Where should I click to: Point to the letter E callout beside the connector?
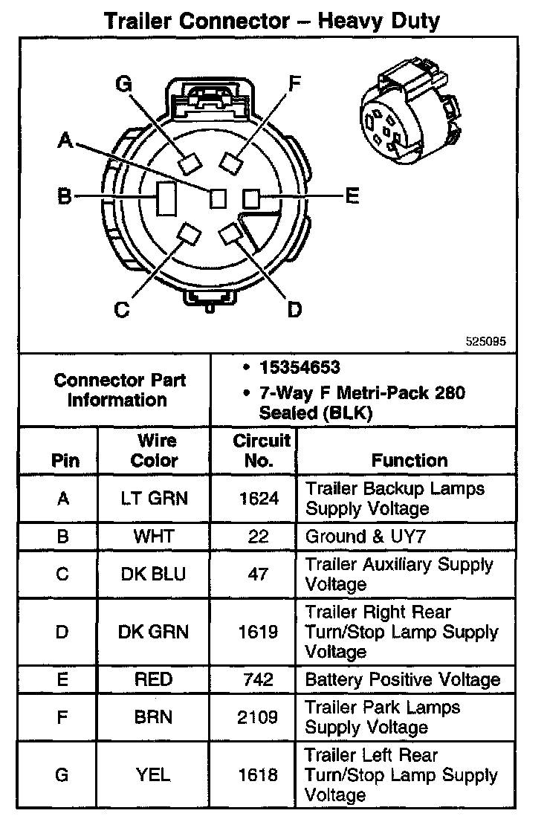click(x=352, y=196)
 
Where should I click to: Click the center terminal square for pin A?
click(x=218, y=199)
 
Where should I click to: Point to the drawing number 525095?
click(x=485, y=343)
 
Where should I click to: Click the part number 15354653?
click(x=300, y=367)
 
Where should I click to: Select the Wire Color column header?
click(x=154, y=450)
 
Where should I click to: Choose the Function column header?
click(x=410, y=460)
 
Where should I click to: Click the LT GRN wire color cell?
click(x=154, y=498)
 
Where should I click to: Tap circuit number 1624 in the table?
click(x=258, y=498)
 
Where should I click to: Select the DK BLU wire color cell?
click(x=154, y=575)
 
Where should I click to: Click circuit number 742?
click(x=258, y=679)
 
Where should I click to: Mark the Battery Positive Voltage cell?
click(x=402, y=679)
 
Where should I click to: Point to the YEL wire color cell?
click(x=154, y=774)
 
